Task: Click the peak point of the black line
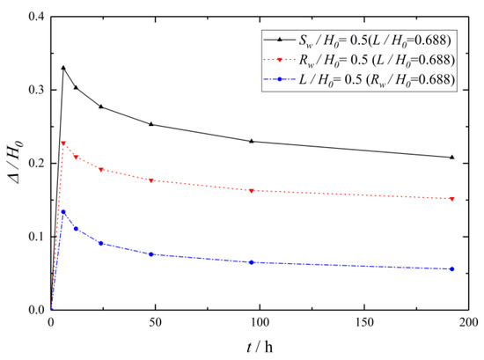click(x=63, y=67)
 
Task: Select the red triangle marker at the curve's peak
click(x=63, y=143)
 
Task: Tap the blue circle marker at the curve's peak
click(x=63, y=211)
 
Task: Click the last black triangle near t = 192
click(x=452, y=157)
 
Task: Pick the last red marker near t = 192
click(x=452, y=199)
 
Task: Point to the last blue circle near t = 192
click(x=452, y=269)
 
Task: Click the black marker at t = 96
click(x=252, y=141)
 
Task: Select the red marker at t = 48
click(x=151, y=180)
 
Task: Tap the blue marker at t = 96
click(x=252, y=262)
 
